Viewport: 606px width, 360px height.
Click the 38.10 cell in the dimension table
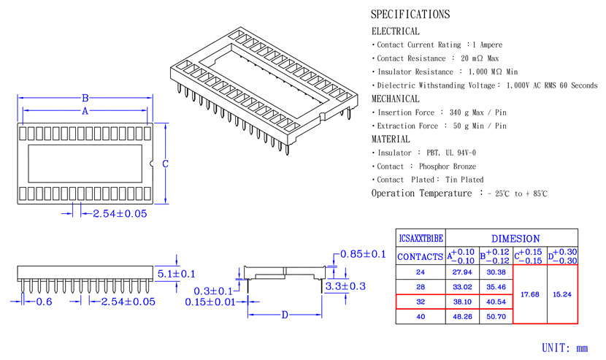(x=462, y=302)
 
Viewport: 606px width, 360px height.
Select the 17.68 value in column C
(x=530, y=294)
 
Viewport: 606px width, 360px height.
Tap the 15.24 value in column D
(x=562, y=294)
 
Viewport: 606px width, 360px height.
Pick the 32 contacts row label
(x=421, y=302)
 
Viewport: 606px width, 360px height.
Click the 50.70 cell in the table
(x=496, y=317)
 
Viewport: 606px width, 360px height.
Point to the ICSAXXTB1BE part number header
(x=421, y=238)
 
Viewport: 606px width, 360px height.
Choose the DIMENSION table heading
(x=515, y=239)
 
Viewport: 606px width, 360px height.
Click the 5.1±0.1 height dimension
(x=176, y=274)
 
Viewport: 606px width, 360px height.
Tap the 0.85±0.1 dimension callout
(x=363, y=254)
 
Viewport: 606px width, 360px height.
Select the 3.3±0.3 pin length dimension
(x=345, y=286)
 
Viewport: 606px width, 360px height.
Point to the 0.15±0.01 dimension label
(x=210, y=302)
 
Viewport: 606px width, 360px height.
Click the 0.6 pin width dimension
(x=44, y=302)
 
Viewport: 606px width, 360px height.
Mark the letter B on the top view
(x=85, y=98)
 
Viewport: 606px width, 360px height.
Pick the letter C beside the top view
(x=166, y=164)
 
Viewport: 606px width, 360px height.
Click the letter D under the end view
(x=285, y=315)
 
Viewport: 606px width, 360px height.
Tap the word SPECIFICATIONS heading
(x=410, y=15)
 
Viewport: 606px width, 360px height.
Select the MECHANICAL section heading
(x=396, y=99)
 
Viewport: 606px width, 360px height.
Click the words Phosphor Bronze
(x=448, y=166)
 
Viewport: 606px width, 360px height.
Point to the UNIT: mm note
(x=564, y=348)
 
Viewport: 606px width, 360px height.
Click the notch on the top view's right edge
(x=151, y=164)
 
